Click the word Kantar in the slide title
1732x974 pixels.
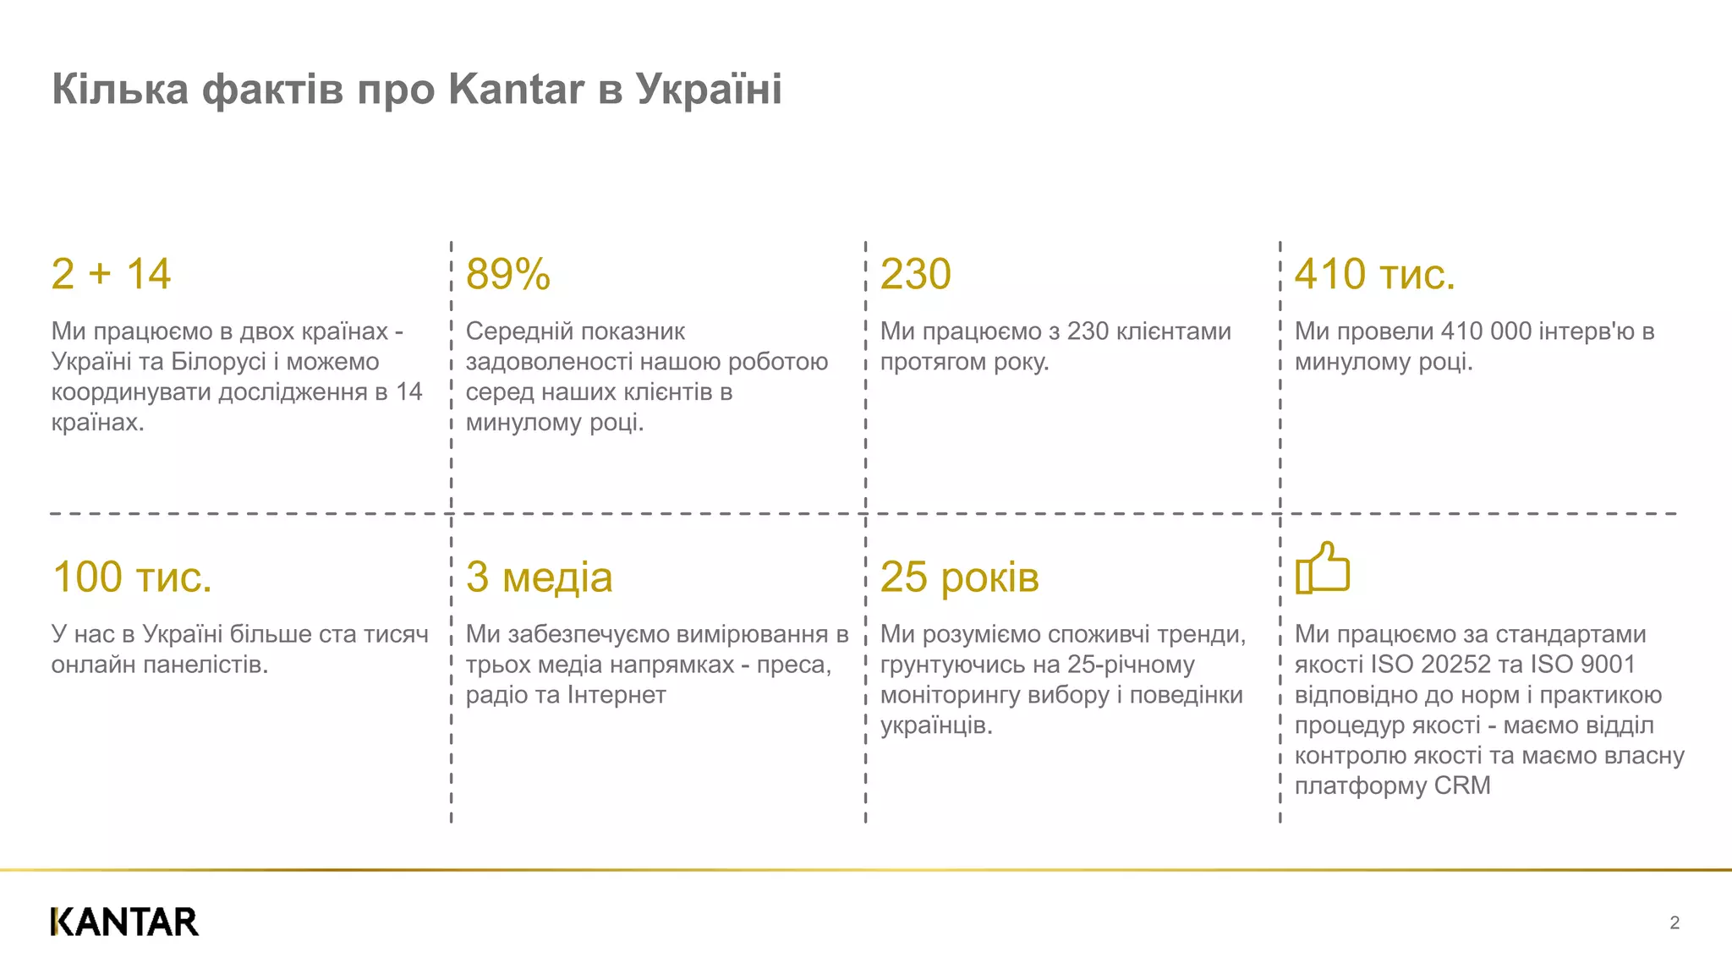516,89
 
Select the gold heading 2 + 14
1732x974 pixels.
111,274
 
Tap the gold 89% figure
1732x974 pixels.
507,274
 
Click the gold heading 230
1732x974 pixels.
915,274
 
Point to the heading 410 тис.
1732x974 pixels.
1374,274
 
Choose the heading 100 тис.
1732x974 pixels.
131,577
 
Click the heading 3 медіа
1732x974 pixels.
539,577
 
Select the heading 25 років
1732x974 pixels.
959,577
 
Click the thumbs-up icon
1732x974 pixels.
1323,568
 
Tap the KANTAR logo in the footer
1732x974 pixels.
124,922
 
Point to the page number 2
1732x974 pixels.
1674,922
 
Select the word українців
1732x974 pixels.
935,725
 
